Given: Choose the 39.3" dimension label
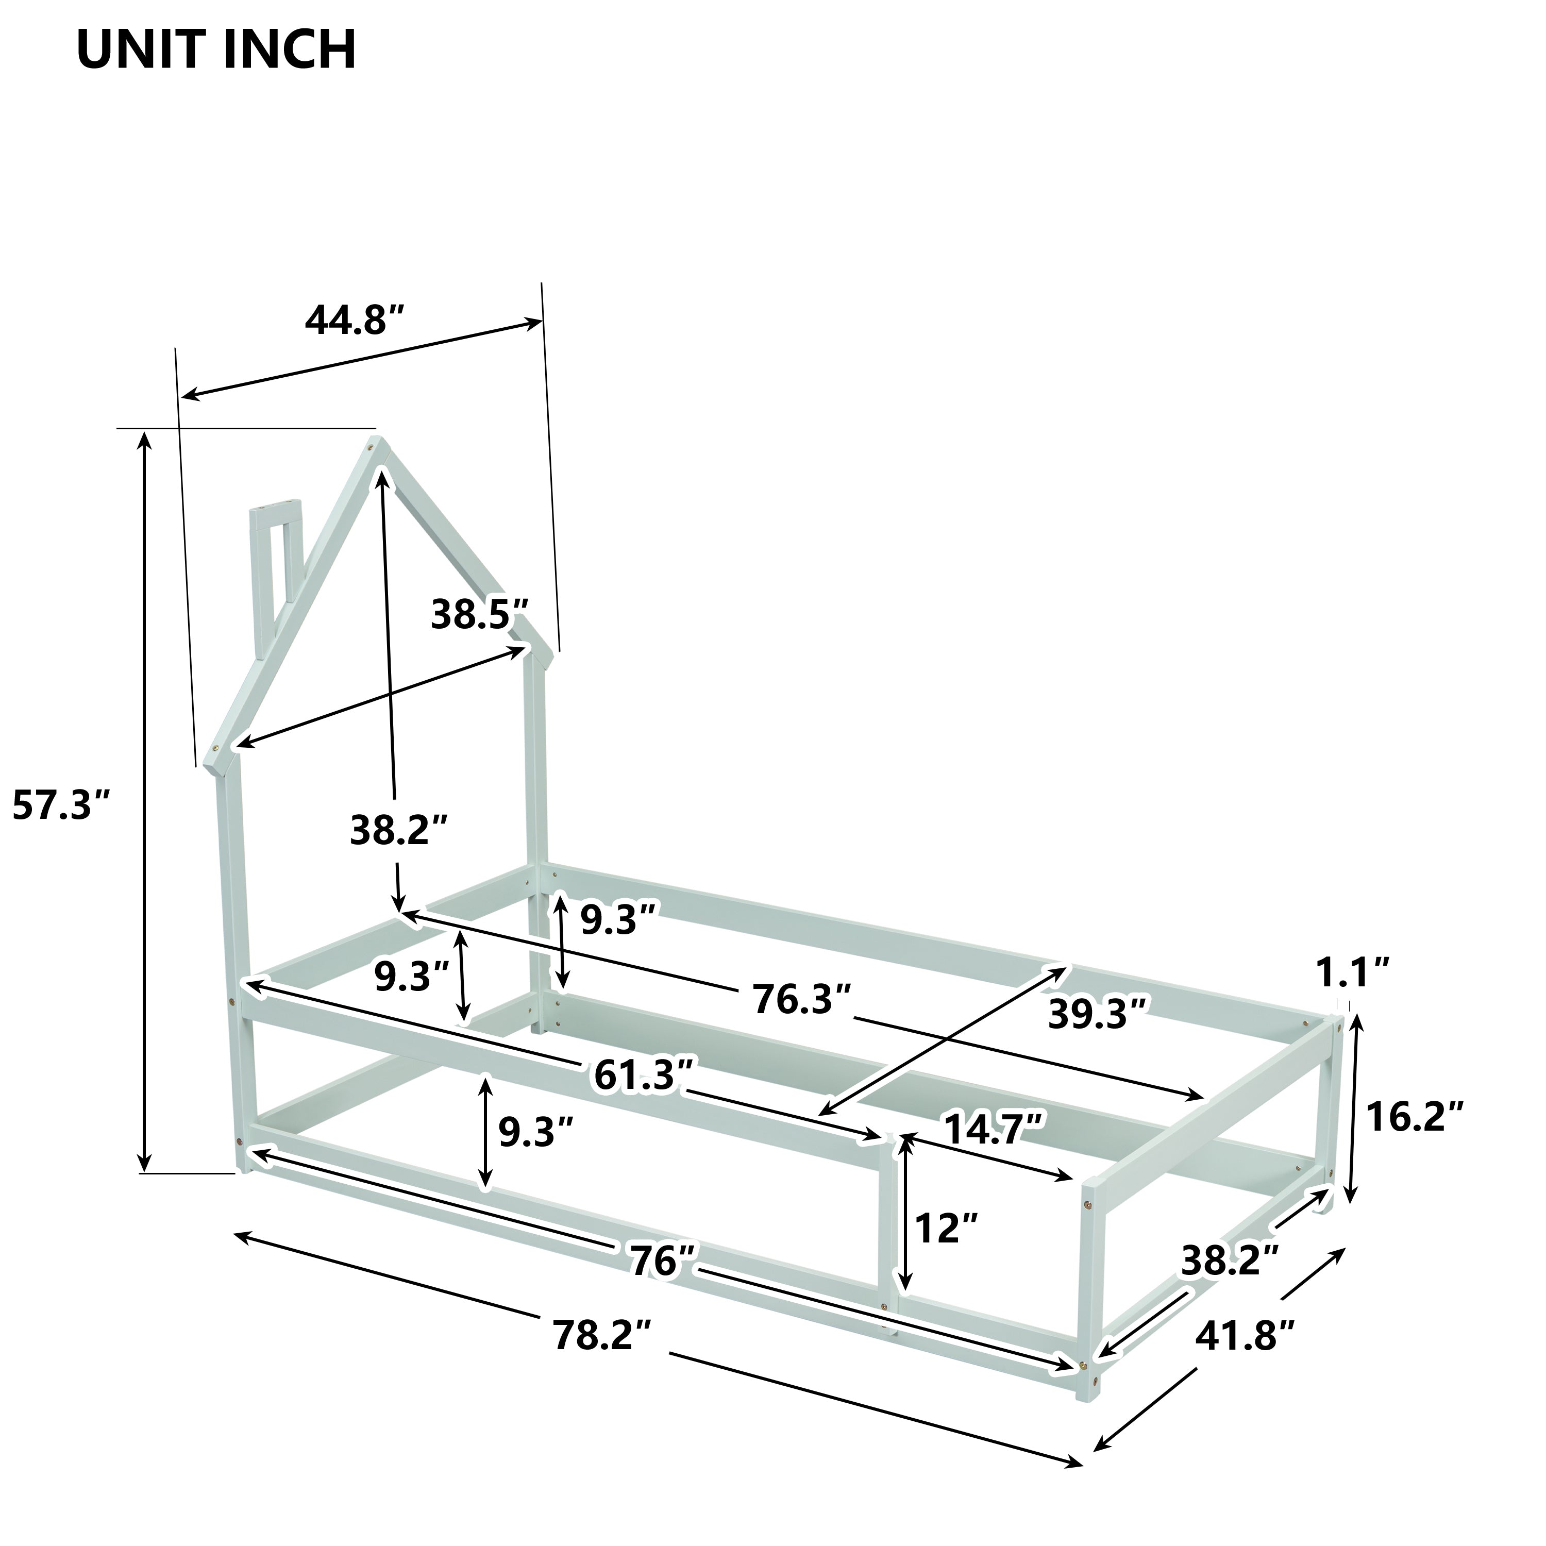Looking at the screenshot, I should tap(1098, 1015).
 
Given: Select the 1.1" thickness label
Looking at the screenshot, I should tap(1352, 971).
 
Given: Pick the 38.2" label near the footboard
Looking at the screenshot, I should tap(1229, 1261).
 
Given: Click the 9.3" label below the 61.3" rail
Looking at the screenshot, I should tap(534, 1132).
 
